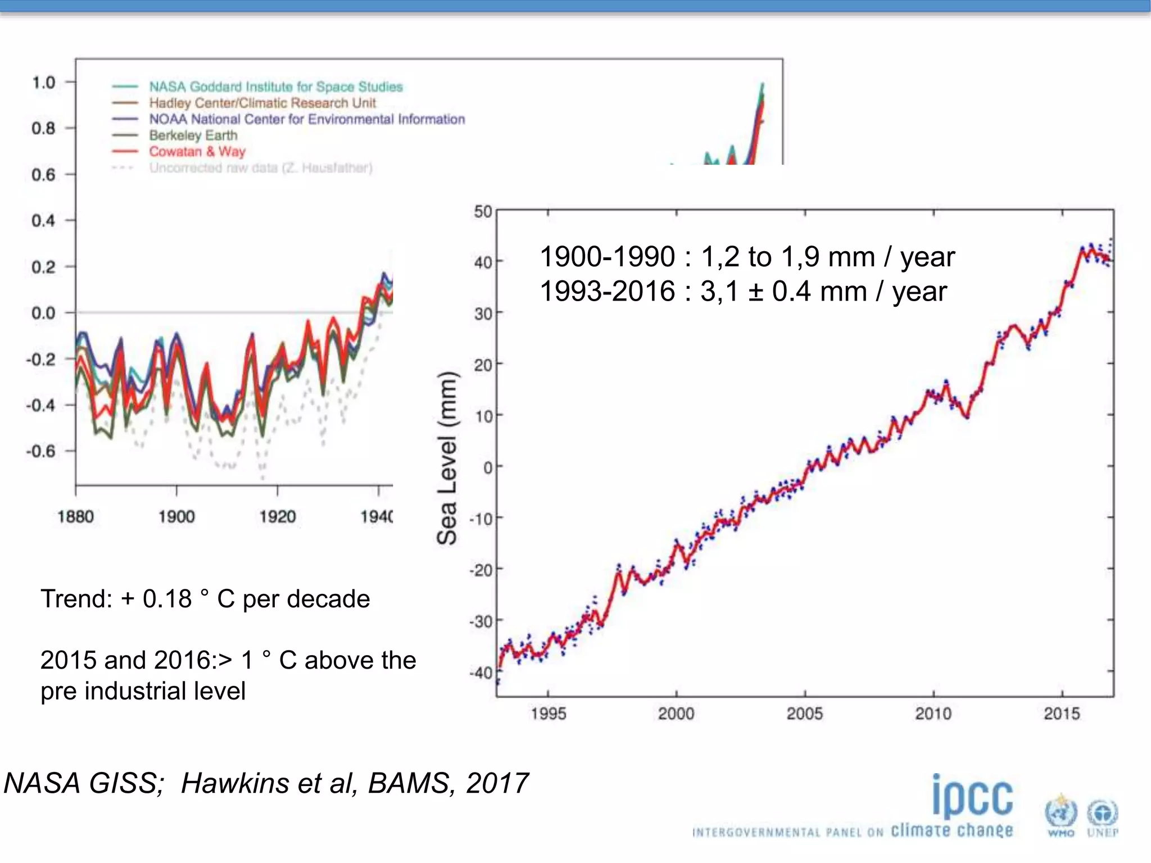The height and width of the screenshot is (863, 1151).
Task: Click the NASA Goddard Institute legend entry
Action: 275,87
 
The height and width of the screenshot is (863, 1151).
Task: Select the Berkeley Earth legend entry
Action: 193,135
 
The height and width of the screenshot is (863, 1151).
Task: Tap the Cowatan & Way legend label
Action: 197,152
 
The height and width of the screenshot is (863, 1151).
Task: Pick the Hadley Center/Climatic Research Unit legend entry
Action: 262,103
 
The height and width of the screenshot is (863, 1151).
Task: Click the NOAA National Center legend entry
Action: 306,119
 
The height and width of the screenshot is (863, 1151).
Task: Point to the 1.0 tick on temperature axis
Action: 43,83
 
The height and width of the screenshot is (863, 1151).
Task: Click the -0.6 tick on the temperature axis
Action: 41,451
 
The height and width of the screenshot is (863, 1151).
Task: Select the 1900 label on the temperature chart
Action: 176,516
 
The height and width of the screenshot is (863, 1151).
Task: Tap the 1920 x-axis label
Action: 277,516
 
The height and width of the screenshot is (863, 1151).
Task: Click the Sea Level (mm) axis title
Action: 447,458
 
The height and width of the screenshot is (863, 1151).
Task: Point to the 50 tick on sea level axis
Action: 483,212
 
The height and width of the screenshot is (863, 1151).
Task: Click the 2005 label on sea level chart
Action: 804,714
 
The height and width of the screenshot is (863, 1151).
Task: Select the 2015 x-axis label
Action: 1062,714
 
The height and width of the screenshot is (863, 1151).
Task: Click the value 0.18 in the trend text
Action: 167,599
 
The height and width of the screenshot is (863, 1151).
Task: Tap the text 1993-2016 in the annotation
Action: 607,291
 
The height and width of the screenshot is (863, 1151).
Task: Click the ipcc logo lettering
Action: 972,797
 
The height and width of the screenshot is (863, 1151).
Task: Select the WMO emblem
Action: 1061,815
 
